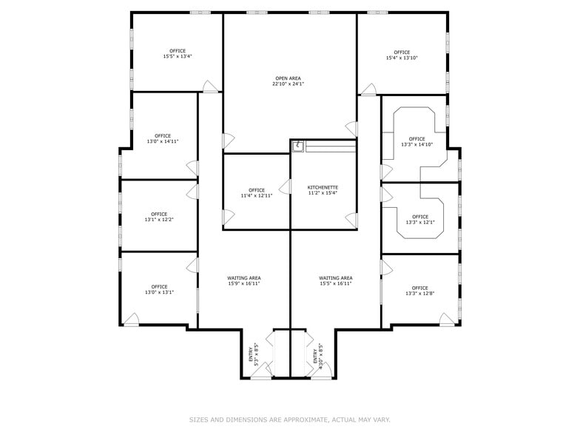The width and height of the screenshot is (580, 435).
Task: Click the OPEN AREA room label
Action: (288, 78)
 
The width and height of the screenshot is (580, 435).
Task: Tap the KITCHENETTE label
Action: (323, 188)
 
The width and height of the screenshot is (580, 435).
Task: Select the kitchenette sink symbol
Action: (297, 146)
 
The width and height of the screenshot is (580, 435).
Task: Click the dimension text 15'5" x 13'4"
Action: (177, 56)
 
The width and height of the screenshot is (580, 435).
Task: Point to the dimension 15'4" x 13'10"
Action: (402, 58)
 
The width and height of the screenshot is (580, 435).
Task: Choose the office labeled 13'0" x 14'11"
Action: (163, 141)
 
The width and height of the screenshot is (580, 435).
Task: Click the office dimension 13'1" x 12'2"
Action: (159, 220)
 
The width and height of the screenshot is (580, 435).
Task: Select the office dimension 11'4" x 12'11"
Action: (257, 196)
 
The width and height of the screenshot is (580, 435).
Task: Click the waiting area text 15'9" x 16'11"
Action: (243, 283)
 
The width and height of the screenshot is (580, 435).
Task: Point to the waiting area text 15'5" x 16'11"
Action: (335, 283)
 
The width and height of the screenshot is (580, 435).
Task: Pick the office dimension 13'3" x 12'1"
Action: (419, 223)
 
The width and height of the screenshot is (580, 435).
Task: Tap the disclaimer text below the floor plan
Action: (289, 419)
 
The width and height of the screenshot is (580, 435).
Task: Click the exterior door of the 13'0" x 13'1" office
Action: (131, 320)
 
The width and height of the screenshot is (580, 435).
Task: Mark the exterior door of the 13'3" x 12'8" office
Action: (447, 320)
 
